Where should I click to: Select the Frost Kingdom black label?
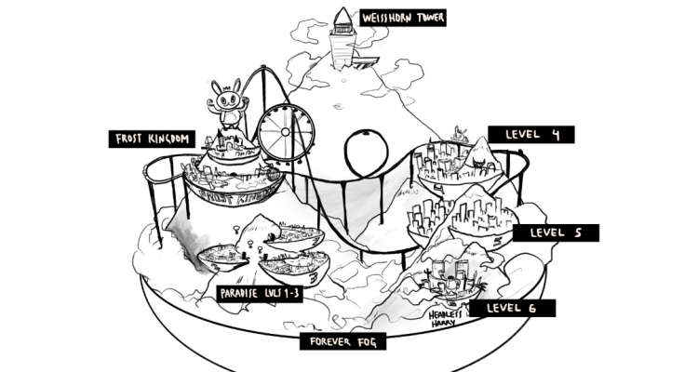[x=153, y=139]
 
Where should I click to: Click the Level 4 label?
[x=531, y=135]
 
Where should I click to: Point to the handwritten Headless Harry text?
[x=446, y=320]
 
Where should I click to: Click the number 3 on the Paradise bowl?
[x=314, y=275]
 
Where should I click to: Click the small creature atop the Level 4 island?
[x=458, y=134]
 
